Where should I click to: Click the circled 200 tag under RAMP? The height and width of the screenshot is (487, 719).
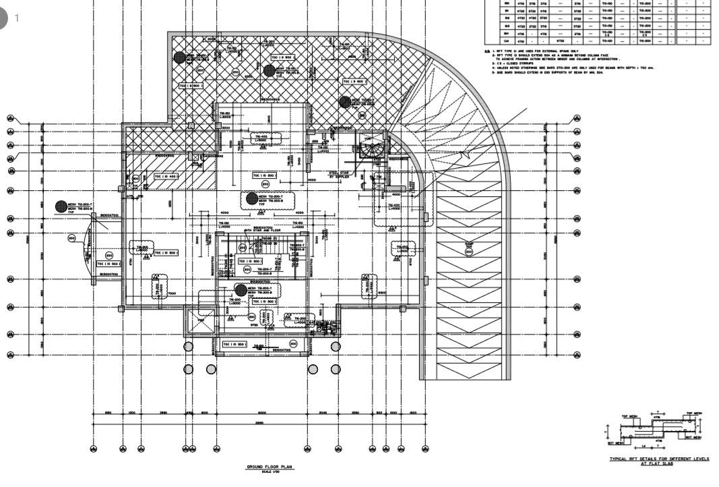point(469,252)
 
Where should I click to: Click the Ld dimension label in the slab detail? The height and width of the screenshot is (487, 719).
point(644,446)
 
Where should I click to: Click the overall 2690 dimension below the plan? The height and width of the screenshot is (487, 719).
point(259,423)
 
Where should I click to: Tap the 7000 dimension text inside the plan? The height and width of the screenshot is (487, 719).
point(172,293)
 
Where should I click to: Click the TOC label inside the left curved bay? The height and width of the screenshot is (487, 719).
point(108,264)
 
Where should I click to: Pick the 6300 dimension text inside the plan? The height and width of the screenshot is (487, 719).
point(381,293)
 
